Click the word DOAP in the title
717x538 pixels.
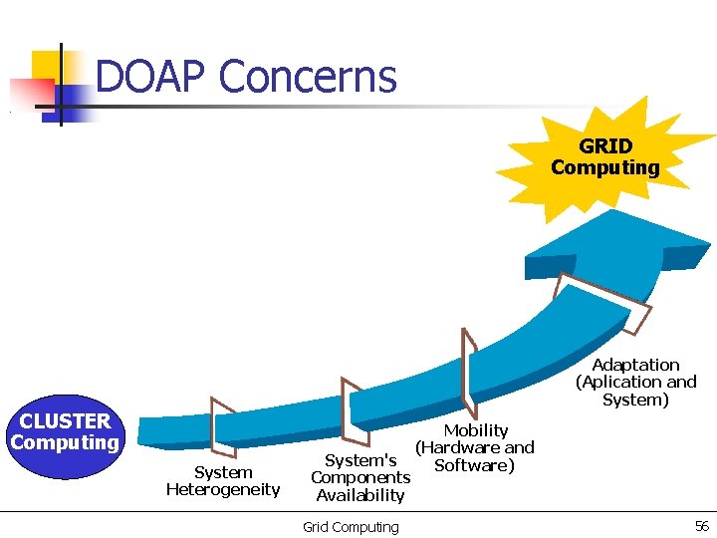tap(150, 77)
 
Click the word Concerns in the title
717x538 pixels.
tap(308, 77)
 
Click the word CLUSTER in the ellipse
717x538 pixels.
tap(65, 421)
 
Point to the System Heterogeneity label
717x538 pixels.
tap(223, 480)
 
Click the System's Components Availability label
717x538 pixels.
tap(360, 477)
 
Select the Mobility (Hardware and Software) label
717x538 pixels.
tap(475, 447)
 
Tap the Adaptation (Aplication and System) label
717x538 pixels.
tap(635, 382)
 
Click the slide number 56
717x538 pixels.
tap(701, 526)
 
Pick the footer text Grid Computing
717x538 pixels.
tap(351, 527)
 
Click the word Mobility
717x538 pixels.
tap(475, 430)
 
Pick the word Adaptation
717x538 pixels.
tap(635, 365)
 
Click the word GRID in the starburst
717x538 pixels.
tap(605, 147)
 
